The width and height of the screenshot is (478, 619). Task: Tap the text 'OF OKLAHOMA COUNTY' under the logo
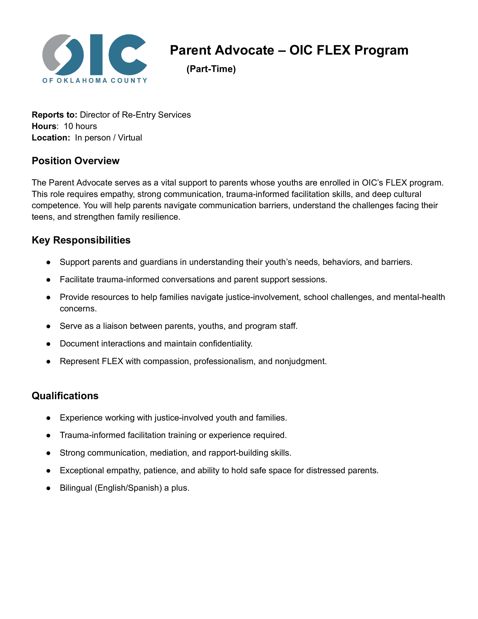coord(95,80)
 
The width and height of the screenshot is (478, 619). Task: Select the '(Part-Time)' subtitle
coord(211,69)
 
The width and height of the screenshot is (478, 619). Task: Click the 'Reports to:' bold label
coord(54,115)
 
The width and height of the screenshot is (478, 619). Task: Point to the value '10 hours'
coord(80,126)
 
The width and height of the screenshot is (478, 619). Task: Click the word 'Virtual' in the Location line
coord(130,138)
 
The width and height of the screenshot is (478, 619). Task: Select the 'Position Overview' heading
coord(76,161)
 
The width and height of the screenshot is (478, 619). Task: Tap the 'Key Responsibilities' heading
coord(81,240)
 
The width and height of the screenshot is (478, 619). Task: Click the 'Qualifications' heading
coord(65,396)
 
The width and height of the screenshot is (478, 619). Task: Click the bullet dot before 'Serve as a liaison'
coord(48,326)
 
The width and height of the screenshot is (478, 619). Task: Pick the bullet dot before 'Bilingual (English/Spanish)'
coord(48,488)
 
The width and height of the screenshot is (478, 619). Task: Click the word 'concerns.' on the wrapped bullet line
coord(78,308)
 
